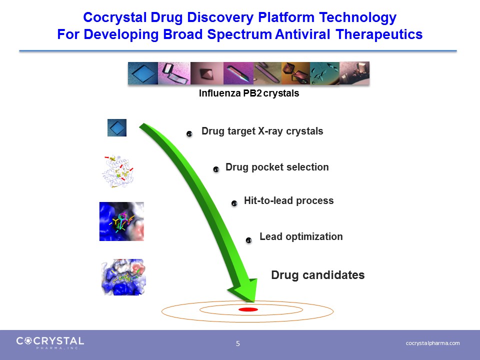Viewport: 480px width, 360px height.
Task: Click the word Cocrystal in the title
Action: point(115,17)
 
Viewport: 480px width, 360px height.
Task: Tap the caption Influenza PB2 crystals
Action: point(249,93)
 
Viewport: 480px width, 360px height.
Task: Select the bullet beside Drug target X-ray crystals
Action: point(189,134)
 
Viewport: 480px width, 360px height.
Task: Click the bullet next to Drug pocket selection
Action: point(216,169)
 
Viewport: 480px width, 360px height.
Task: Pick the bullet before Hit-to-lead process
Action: point(234,203)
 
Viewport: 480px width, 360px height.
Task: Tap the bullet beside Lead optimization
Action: point(249,240)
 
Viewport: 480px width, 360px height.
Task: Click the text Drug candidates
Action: point(318,275)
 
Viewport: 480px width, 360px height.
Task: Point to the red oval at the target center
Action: point(248,309)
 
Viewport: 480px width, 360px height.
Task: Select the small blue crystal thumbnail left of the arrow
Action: point(117,127)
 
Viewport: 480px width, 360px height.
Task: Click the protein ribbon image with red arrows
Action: point(118,171)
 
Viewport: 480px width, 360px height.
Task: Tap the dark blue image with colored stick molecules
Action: point(121,221)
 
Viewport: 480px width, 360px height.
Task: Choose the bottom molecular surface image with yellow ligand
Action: point(123,277)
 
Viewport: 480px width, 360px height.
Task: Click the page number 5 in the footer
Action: point(238,344)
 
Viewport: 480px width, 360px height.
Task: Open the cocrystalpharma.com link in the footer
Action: point(432,343)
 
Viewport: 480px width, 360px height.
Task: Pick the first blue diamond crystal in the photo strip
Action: point(143,73)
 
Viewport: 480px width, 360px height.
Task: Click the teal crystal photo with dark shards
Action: point(325,73)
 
